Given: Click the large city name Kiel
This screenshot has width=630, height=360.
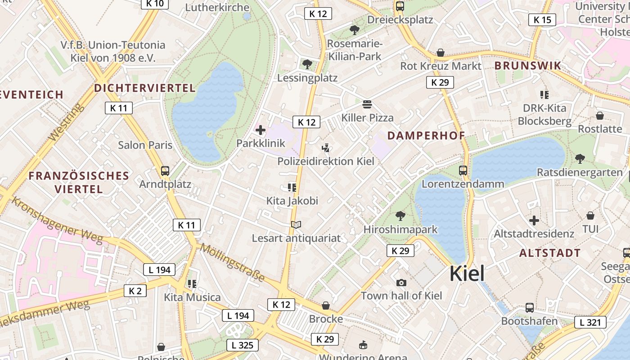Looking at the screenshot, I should [x=467, y=273].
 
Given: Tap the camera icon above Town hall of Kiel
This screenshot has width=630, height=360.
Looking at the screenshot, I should [x=401, y=283].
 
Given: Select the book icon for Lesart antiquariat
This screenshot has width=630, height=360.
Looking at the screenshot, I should [x=296, y=225].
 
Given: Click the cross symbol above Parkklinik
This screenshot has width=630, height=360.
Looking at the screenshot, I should [x=261, y=130].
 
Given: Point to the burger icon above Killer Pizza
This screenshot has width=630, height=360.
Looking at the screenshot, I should [x=367, y=104].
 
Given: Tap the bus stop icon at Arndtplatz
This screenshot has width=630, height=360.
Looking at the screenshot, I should [x=165, y=171].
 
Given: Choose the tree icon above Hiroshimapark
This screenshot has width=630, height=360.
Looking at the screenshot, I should [x=400, y=216].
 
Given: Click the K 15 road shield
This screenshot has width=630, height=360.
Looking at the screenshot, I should [x=542, y=20].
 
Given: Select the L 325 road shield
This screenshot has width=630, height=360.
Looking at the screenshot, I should [x=242, y=345].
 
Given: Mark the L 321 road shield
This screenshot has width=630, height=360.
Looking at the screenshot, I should [x=590, y=322].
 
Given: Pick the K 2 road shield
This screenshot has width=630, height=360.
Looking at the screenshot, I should [x=135, y=291].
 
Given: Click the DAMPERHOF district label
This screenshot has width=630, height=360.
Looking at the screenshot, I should [x=426, y=135].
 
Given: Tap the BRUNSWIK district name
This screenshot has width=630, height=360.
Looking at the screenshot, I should [x=528, y=66].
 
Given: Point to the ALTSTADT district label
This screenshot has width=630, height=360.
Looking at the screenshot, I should [x=550, y=253].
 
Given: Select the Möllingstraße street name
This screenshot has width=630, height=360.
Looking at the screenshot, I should [x=232, y=262].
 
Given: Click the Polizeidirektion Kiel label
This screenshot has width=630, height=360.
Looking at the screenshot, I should [x=325, y=161].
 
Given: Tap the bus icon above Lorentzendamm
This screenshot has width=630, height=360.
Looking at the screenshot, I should [x=463, y=171].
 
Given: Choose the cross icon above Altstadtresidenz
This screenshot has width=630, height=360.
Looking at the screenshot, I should [x=534, y=220].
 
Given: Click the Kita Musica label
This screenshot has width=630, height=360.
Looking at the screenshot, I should [x=192, y=297].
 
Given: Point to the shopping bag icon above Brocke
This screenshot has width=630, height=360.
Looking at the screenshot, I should [x=326, y=306].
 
